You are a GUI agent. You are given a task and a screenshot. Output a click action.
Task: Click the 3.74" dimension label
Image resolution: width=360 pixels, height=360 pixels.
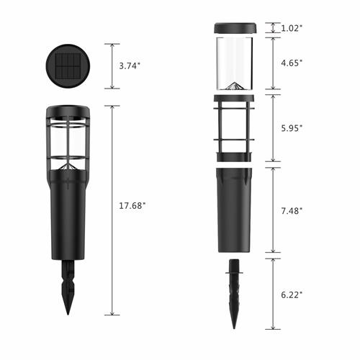coord(130,66)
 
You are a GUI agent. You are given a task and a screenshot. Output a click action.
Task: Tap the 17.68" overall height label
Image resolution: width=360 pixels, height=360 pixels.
coord(132,206)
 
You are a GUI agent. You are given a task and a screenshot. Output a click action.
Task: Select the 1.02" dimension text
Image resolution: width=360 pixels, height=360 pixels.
coord(292,28)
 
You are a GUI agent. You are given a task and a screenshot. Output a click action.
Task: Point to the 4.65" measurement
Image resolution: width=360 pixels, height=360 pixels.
coord(292,63)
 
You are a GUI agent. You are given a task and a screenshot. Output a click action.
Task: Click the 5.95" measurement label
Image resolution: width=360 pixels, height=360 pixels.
coord(292,128)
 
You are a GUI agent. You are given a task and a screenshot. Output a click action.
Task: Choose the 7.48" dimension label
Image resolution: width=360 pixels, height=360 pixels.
coord(292,211)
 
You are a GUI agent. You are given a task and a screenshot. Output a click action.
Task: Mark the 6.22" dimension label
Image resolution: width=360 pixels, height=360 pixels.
coord(292,295)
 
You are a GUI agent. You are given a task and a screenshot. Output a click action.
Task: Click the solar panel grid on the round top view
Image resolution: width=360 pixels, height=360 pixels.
coord(68,66)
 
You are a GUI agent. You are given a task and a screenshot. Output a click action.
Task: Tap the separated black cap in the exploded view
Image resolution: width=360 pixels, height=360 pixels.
coord(235,28)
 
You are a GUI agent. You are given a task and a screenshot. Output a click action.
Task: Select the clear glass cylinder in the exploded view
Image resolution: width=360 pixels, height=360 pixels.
coord(235,63)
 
